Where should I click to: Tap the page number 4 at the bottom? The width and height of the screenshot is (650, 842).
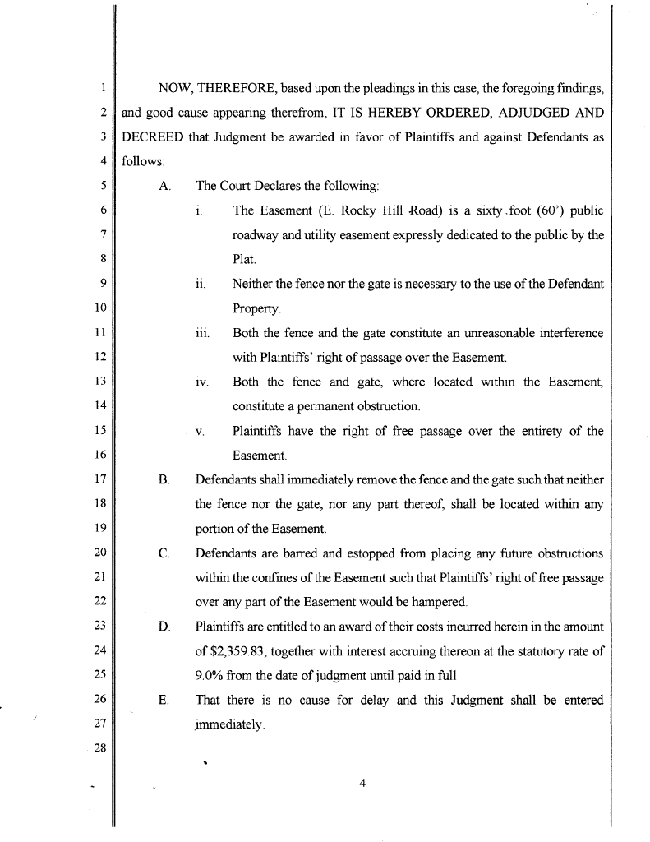(362, 782)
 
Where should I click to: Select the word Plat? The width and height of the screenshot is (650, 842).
(245, 259)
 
